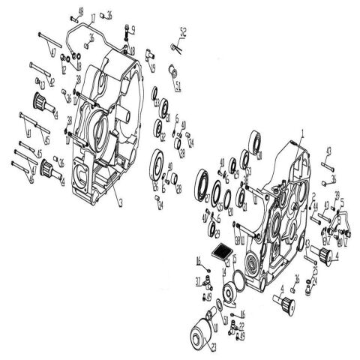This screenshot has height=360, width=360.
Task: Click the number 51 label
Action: coord(178,85)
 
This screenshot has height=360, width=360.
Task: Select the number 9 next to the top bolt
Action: coord(133,29)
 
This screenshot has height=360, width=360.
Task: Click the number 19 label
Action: coord(153,68)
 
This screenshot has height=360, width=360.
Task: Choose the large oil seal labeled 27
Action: coord(160,163)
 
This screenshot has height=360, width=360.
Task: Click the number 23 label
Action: coord(214,346)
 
